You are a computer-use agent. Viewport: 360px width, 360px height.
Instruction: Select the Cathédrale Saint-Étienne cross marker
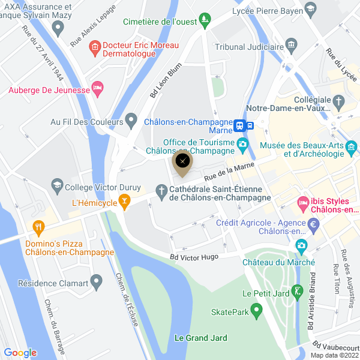(161, 191)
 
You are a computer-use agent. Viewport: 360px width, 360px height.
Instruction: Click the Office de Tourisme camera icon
(242, 144)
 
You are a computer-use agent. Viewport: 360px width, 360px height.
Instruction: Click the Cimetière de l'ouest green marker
(205, 20)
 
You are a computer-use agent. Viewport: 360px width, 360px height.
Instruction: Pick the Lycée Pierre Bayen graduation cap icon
(310, 8)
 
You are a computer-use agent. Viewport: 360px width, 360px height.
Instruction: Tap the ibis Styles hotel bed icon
(304, 205)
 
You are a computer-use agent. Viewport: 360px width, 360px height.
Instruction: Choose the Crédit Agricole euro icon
(313, 224)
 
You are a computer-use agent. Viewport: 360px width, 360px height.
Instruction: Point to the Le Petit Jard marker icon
(296, 292)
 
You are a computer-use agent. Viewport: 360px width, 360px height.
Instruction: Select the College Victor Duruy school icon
(58, 185)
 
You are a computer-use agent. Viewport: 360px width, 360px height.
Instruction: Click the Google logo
(20, 353)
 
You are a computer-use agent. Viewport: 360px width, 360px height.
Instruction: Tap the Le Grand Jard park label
(200, 338)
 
